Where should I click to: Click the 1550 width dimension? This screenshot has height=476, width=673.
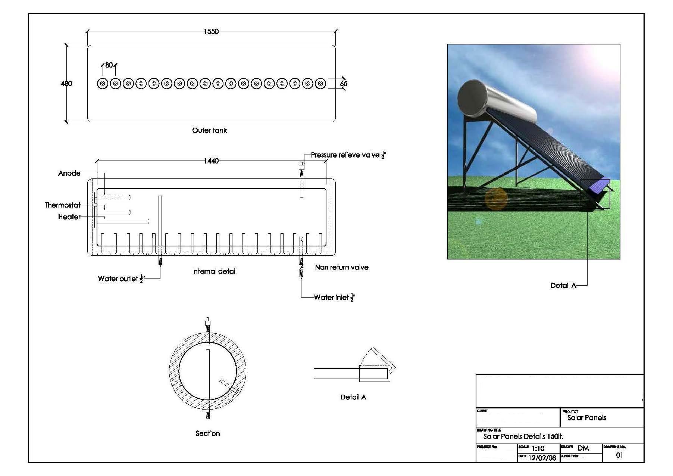(x=211, y=31)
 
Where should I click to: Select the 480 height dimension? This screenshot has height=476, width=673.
(x=66, y=84)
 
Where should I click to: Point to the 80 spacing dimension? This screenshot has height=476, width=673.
(x=109, y=65)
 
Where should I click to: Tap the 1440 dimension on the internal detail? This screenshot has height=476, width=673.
(x=211, y=161)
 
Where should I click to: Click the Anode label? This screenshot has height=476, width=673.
(x=69, y=173)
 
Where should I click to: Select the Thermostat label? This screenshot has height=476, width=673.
(x=62, y=205)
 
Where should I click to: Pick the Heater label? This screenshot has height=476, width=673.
(x=69, y=217)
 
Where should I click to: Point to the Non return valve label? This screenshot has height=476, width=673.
(x=342, y=267)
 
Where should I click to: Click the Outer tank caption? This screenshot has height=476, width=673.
(x=209, y=130)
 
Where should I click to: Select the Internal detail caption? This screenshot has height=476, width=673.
(x=214, y=271)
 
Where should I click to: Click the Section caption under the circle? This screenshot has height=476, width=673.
(x=208, y=433)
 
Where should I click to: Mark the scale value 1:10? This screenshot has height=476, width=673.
(x=538, y=448)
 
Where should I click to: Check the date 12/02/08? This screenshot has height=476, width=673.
(x=542, y=458)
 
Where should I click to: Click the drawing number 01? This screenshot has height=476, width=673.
(x=619, y=455)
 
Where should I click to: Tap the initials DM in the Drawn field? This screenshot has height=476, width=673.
(x=583, y=448)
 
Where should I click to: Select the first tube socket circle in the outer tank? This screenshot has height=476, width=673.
(x=103, y=84)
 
